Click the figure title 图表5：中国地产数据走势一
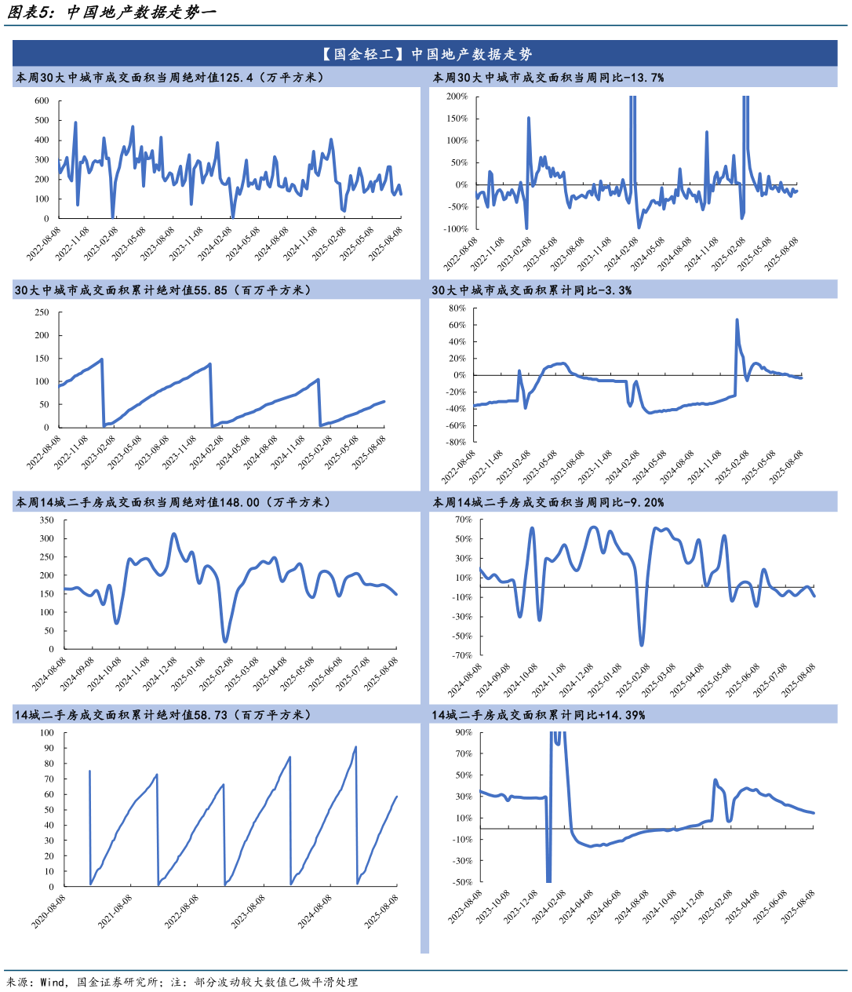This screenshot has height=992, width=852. click(111, 13)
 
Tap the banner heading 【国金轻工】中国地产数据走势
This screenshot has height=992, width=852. click(425, 54)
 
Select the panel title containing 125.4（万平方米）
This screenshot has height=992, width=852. click(169, 78)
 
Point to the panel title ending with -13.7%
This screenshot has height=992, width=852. click(548, 78)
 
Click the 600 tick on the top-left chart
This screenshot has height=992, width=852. click(42, 101)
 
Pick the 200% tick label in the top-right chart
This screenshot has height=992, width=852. click(457, 97)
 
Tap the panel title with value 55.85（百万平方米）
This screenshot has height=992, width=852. click(163, 290)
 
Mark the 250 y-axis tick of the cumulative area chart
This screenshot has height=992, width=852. click(42, 312)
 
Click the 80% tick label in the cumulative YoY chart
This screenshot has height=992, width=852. click(457, 308)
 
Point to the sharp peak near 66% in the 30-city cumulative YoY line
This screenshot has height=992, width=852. click(737, 320)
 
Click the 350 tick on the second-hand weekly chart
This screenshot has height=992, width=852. click(46, 520)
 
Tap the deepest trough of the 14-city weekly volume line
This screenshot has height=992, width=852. click(225, 641)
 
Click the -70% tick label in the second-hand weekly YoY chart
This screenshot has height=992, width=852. click(463, 655)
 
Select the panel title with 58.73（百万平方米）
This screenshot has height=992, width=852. click(163, 715)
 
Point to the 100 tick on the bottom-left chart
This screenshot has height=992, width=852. click(46, 733)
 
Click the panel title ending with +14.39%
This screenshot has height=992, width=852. click(538, 715)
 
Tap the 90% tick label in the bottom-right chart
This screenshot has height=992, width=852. click(463, 732)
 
